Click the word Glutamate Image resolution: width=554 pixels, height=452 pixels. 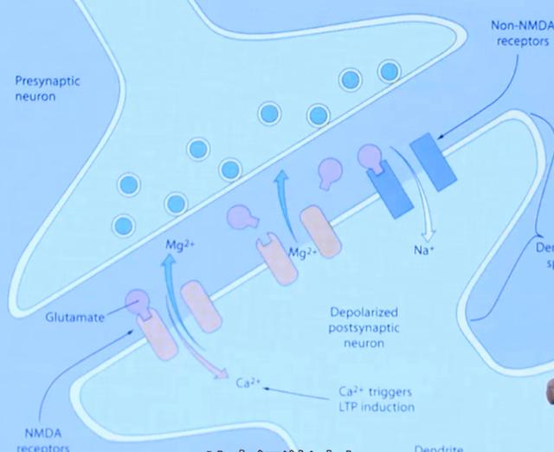coord(76,317)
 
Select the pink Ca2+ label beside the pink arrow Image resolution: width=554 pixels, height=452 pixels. coord(245,379)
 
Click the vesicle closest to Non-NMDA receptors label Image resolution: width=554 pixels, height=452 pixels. coord(390,70)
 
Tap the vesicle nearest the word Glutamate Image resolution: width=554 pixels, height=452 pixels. coord(125,225)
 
